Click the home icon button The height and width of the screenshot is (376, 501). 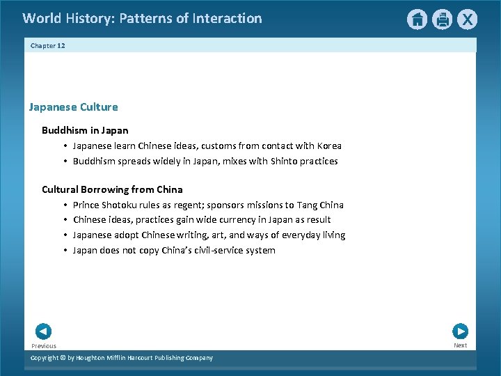[x=417, y=19]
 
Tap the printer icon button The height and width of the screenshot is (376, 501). [x=442, y=19]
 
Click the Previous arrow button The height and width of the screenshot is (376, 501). [x=43, y=331]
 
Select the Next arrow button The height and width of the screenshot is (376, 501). [x=460, y=331]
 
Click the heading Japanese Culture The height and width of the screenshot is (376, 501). [x=73, y=107]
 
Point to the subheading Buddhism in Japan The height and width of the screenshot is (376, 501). [x=85, y=130]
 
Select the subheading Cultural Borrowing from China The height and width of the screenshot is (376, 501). [x=112, y=189]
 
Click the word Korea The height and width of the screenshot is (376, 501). [x=329, y=146]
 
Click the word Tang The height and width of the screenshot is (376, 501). [x=307, y=205]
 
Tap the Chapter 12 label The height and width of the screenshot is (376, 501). [x=47, y=45]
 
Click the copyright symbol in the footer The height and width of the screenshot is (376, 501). [x=61, y=358]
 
